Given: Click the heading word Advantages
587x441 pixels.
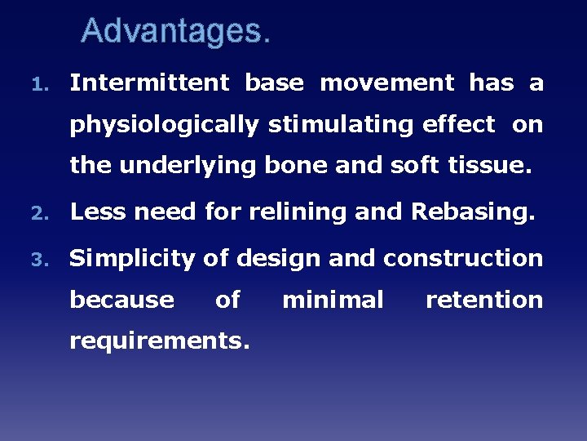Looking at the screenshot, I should click(x=174, y=32).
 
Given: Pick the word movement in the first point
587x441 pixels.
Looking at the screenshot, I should click(x=386, y=82).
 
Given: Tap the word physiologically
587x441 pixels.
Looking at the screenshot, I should click(x=164, y=125).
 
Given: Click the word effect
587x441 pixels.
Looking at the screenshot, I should click(x=459, y=125).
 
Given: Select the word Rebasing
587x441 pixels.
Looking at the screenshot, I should click(x=473, y=212).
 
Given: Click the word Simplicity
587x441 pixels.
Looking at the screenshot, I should click(x=132, y=259).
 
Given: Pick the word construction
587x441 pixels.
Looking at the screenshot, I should click(x=463, y=258).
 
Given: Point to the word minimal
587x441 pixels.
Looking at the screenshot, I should click(x=333, y=300).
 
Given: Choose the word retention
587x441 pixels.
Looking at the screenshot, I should click(x=484, y=300).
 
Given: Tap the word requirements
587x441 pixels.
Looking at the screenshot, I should click(x=160, y=341).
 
